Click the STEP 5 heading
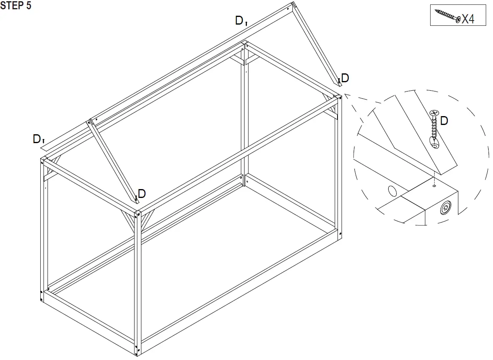click(x=16, y=6)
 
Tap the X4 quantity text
click(x=468, y=18)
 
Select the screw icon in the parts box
click(x=447, y=15)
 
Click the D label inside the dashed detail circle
click(x=444, y=121)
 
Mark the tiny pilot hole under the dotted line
click(x=434, y=186)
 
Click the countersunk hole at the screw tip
click(x=435, y=143)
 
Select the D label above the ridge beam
click(x=240, y=21)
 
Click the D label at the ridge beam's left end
click(x=37, y=139)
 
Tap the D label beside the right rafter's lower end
click(x=345, y=78)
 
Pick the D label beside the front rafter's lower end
click(x=142, y=194)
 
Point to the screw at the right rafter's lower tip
click(x=339, y=81)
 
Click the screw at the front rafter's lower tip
click(x=137, y=197)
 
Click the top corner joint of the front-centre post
click(x=137, y=213)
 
